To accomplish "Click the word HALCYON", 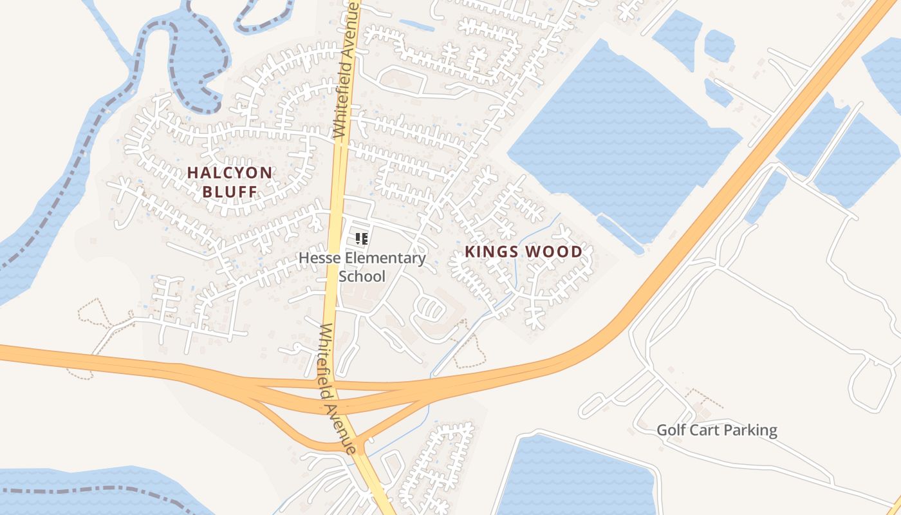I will tap(230, 173).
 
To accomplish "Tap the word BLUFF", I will tap(230, 191).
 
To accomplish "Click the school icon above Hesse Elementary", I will tap(362, 239).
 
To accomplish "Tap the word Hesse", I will tap(319, 259).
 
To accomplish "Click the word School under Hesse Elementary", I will tap(362, 277).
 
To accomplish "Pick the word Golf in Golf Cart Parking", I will tap(671, 430).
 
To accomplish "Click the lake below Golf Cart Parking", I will tap(579, 476).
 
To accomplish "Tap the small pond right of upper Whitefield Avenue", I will tap(416, 25).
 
